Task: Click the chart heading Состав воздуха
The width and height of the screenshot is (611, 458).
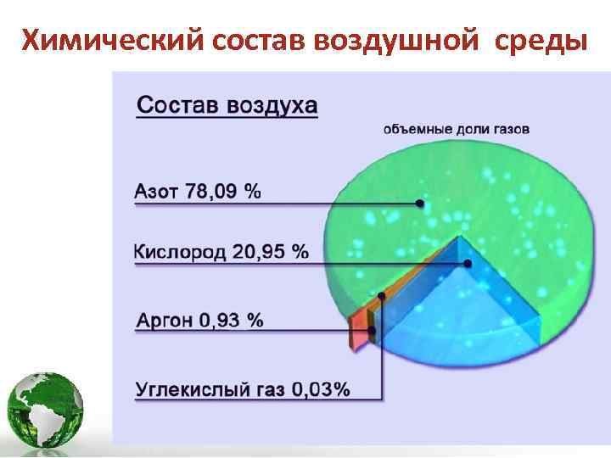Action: pyautogui.click(x=227, y=105)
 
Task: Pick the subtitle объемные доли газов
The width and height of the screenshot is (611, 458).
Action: pyautogui.click(x=457, y=130)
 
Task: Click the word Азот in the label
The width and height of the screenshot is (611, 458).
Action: pyautogui.click(x=156, y=191)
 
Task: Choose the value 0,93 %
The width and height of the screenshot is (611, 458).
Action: pyautogui.click(x=232, y=320)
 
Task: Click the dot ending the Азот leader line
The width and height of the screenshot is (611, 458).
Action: pyautogui.click(x=420, y=204)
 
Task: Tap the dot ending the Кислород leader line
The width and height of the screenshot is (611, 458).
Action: pyautogui.click(x=468, y=264)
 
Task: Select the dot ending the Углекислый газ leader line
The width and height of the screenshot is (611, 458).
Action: pyautogui.click(x=383, y=296)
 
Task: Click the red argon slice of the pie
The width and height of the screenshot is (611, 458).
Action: pyautogui.click(x=358, y=331)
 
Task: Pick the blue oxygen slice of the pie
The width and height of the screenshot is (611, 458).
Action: pyautogui.click(x=458, y=314)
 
